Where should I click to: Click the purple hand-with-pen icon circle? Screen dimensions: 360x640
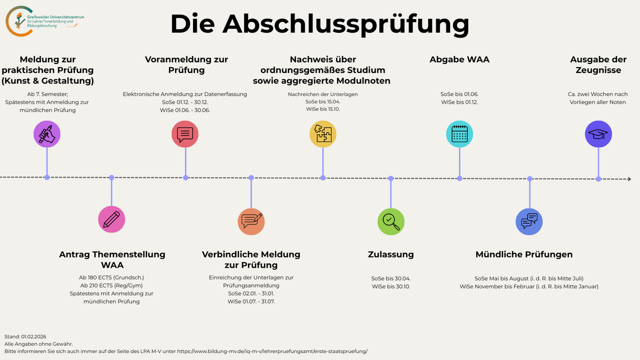tap(47, 133)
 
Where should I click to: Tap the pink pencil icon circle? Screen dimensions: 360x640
tap(111, 219)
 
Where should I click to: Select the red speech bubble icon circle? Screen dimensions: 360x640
tap(185, 134)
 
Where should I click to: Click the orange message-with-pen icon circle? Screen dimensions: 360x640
tap(251, 221)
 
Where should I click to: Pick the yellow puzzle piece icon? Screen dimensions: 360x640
tap(323, 134)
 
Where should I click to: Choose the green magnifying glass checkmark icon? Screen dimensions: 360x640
tap(391, 221)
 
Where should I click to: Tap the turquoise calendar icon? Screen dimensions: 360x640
tap(459, 134)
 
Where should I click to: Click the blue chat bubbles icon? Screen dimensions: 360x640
tap(530, 221)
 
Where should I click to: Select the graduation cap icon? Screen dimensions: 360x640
tap(598, 134)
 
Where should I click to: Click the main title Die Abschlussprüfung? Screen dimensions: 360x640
tap(320, 24)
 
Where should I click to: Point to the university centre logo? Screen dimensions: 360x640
tap(45, 21)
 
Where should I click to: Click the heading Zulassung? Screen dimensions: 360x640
tap(391, 254)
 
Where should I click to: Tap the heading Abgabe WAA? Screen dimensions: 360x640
tap(459, 60)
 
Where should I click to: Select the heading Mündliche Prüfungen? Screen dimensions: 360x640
tap(524, 254)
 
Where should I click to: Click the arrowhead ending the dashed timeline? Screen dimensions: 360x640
tap(629, 179)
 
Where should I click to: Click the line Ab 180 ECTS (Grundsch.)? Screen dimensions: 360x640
tap(111, 278)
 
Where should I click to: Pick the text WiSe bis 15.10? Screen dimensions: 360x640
tap(323, 109)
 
